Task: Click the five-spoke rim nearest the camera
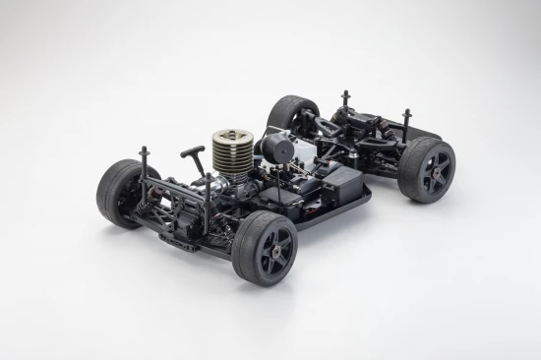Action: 269,255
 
